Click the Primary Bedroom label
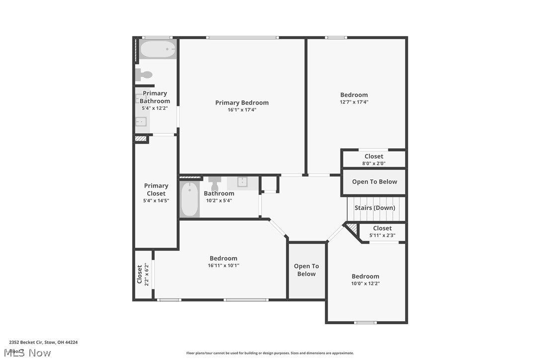point(242,103)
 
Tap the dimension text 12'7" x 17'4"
point(354,102)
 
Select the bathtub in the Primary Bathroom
point(158,50)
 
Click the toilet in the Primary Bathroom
point(144,75)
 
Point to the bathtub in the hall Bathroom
point(189,200)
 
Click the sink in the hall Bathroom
point(243,182)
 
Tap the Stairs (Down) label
point(375,208)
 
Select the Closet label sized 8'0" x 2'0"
point(374,156)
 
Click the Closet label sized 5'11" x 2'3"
point(382,228)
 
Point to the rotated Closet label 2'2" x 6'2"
point(140,274)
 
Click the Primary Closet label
point(156,189)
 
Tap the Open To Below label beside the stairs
point(374,181)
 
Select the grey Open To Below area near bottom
point(306,270)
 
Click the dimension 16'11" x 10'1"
point(223,266)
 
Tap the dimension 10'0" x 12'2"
point(365,283)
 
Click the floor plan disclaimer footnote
point(270,353)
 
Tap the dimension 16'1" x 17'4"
point(242,110)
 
